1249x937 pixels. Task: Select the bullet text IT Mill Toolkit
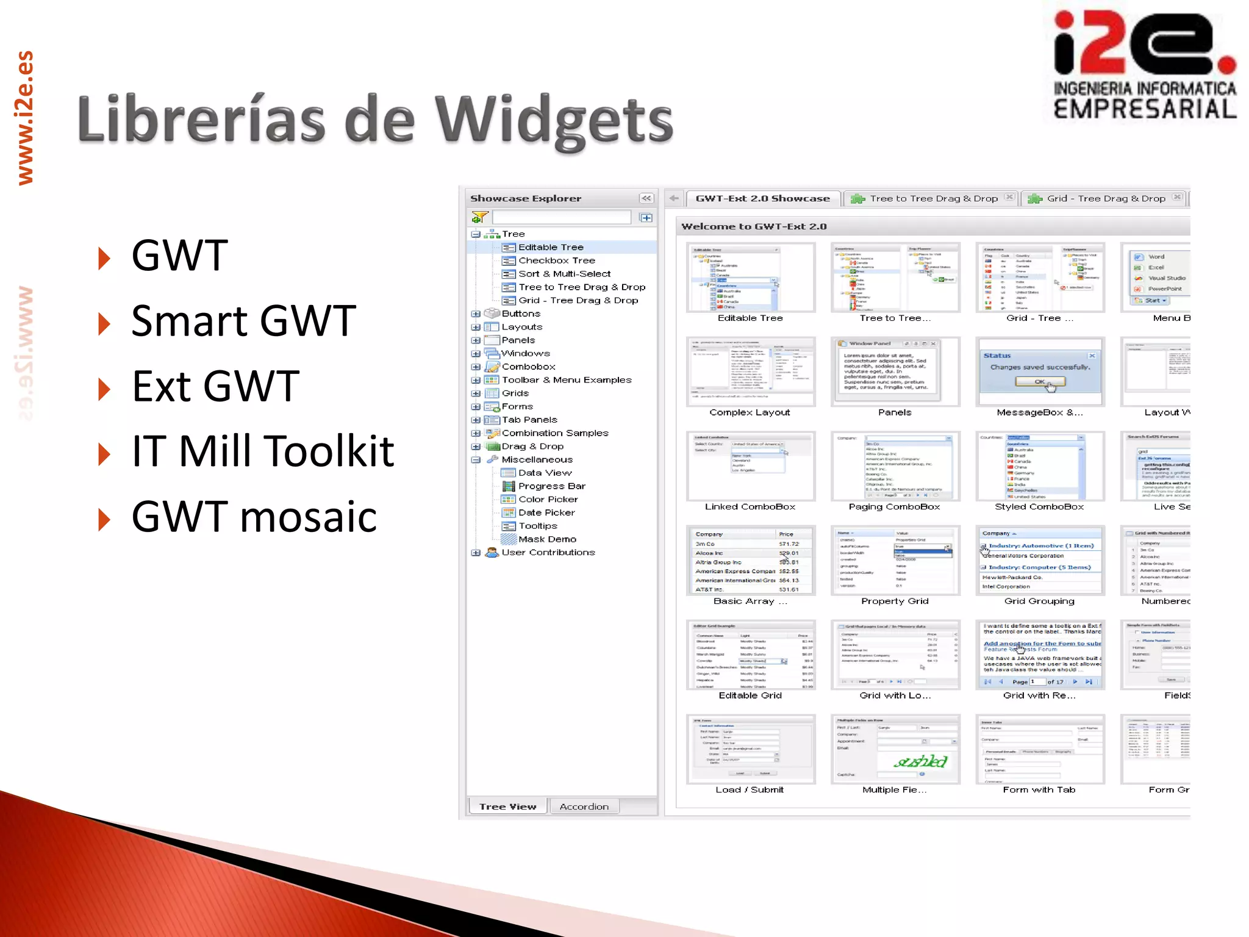click(x=263, y=451)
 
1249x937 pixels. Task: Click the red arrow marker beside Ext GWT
click(x=104, y=389)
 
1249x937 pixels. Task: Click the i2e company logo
click(x=1145, y=66)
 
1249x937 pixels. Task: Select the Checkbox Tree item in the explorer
click(x=556, y=260)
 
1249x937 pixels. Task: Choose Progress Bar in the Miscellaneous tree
click(x=551, y=486)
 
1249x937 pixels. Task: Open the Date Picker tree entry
click(x=546, y=512)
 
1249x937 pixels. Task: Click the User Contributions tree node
click(x=548, y=552)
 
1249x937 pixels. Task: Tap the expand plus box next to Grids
click(x=476, y=393)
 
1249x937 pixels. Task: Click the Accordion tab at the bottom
click(x=584, y=806)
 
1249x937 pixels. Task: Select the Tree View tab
click(x=507, y=806)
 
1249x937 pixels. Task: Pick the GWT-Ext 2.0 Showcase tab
click(x=762, y=198)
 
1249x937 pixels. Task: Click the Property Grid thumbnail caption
click(x=895, y=601)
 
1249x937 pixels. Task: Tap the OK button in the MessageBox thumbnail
click(x=1039, y=382)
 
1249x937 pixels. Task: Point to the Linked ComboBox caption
click(x=750, y=506)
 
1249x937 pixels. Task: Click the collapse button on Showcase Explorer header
click(x=646, y=198)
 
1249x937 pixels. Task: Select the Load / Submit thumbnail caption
click(x=750, y=789)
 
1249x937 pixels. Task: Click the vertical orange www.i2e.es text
click(x=25, y=118)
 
